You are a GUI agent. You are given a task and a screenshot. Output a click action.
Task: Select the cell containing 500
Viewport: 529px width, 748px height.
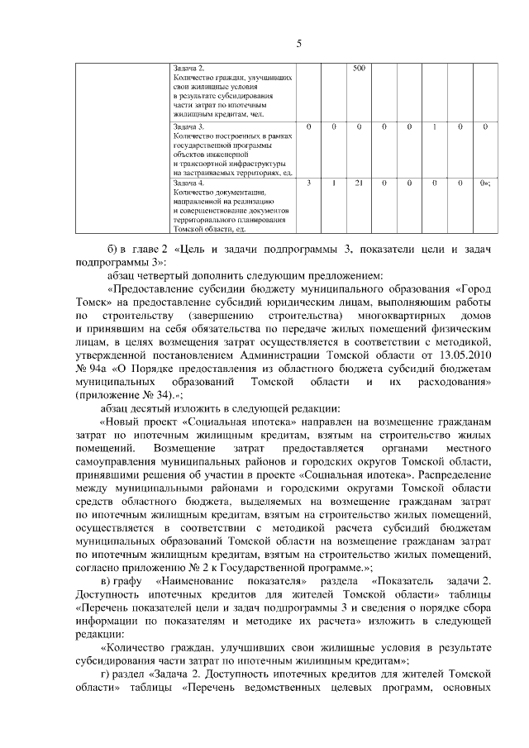click(x=360, y=68)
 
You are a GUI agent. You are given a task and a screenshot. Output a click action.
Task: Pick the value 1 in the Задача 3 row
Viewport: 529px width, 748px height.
click(x=435, y=126)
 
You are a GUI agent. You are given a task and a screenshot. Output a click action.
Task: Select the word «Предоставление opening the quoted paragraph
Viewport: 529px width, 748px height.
click(x=157, y=288)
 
